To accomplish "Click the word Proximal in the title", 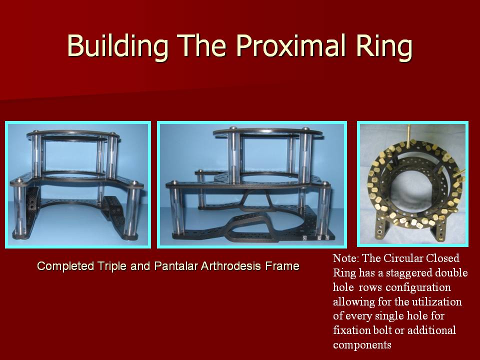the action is pyautogui.click(x=292, y=45).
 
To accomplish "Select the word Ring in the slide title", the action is pyautogui.click(x=384, y=46).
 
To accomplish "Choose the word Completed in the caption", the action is pyautogui.click(x=65, y=266).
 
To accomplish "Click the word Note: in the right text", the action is pyautogui.click(x=346, y=258).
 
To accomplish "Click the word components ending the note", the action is pyautogui.click(x=362, y=345).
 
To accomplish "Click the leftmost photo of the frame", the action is pyautogui.click(x=78, y=184).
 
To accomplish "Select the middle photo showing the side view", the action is pyautogui.click(x=252, y=184).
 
